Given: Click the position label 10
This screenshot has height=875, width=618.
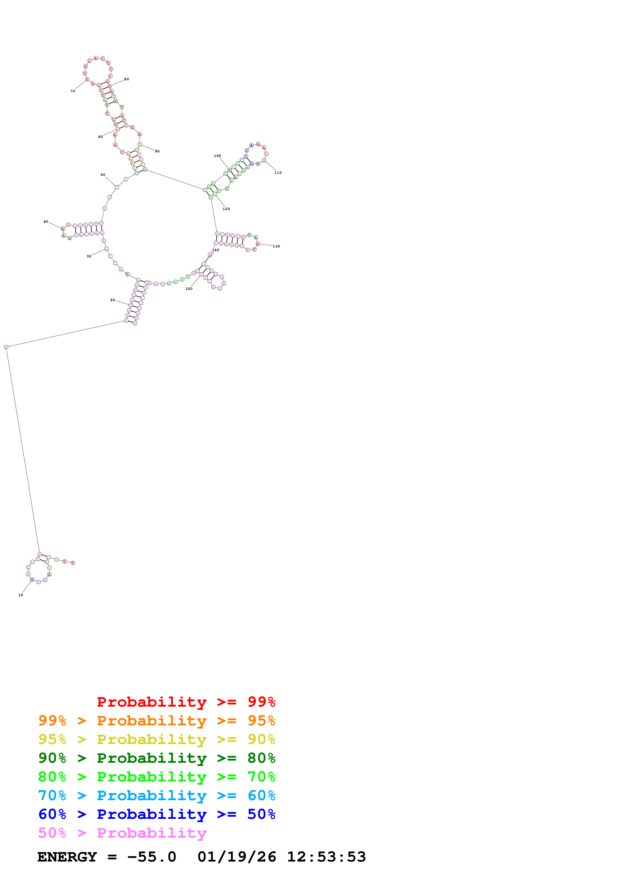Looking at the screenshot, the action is [x=20, y=595].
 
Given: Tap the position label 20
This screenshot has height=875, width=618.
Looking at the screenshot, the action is [x=112, y=300].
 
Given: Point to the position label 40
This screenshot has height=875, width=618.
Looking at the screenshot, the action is [x=46, y=221].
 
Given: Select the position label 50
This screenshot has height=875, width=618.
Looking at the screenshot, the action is [x=103, y=175].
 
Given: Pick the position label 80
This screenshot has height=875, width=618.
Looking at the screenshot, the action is [x=126, y=79].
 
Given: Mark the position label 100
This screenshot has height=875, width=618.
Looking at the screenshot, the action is [x=217, y=155].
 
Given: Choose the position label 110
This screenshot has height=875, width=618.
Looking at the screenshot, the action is [x=278, y=173].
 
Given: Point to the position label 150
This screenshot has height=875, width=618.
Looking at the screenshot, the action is [x=189, y=289].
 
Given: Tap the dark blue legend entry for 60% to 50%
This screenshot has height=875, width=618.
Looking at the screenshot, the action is [x=157, y=814].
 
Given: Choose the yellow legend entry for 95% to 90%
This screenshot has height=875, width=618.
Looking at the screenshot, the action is [x=157, y=739].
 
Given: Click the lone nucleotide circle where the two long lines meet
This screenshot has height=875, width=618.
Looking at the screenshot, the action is [x=6, y=347].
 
